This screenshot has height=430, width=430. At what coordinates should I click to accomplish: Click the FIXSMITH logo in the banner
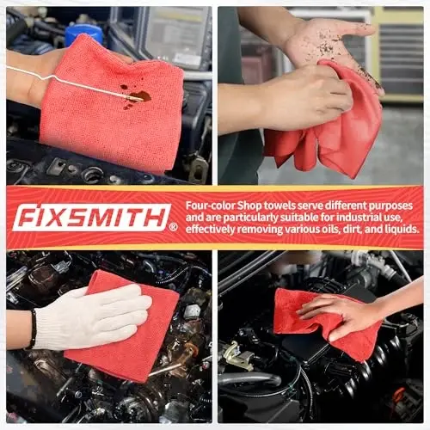pos(90,217)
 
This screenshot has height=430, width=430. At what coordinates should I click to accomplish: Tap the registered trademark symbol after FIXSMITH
pos(174,227)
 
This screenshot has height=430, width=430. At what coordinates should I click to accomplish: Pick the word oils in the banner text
pos(322,230)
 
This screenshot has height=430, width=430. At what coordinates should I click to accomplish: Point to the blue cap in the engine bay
pos(83,33)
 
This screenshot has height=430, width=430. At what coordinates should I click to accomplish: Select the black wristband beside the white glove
pos(32,329)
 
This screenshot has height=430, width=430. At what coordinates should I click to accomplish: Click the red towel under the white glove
pos(129,353)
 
